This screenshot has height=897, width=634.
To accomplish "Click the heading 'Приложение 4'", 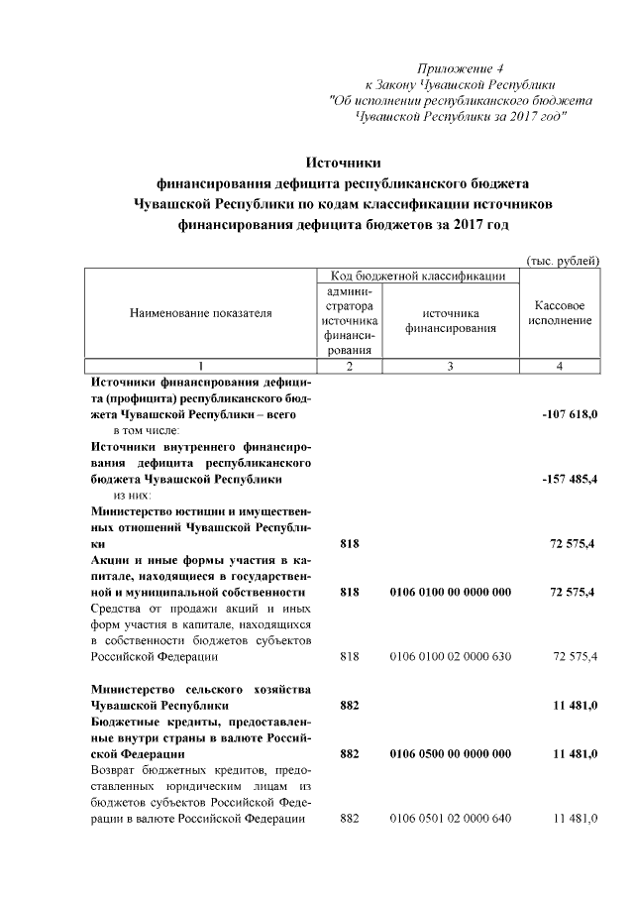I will click(x=461, y=68).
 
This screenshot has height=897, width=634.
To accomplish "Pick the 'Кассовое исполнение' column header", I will click(x=560, y=313).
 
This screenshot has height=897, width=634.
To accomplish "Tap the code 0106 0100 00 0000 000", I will click(x=451, y=592).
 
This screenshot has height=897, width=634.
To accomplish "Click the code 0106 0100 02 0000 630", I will click(x=451, y=656).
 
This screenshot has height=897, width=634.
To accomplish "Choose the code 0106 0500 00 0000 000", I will click(x=451, y=754).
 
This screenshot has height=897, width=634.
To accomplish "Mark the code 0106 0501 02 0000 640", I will click(x=451, y=819).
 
